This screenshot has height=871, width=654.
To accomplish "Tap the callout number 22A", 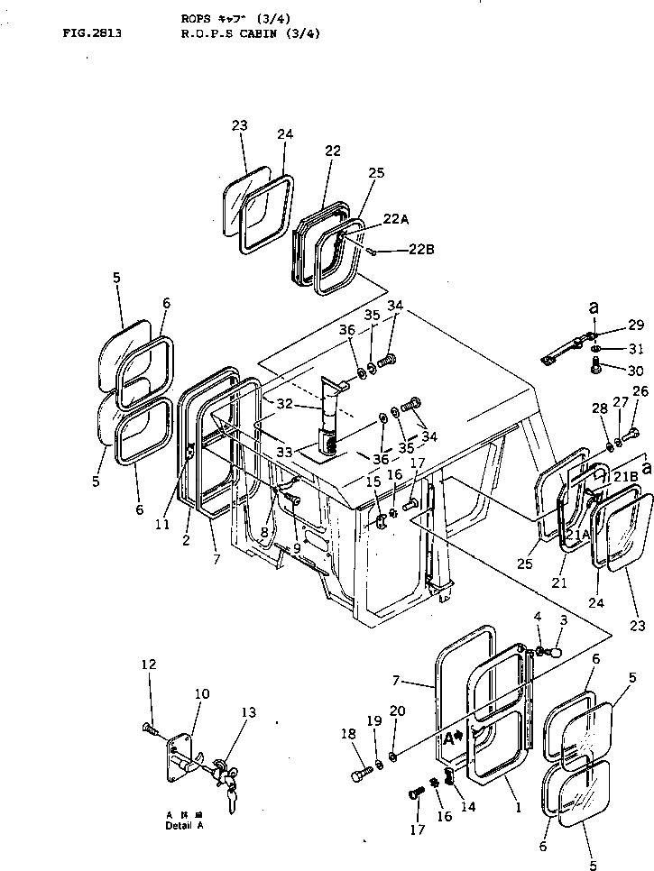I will click(x=396, y=219).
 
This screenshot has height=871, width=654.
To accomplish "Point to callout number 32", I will click(x=285, y=405).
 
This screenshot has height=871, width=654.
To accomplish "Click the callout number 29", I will click(x=637, y=325).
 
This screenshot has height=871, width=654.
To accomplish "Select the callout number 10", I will click(x=202, y=693).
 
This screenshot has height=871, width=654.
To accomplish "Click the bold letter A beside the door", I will click(x=448, y=737).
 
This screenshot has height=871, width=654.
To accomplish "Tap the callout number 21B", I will click(x=626, y=475).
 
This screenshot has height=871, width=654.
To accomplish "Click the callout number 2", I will click(x=186, y=540).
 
